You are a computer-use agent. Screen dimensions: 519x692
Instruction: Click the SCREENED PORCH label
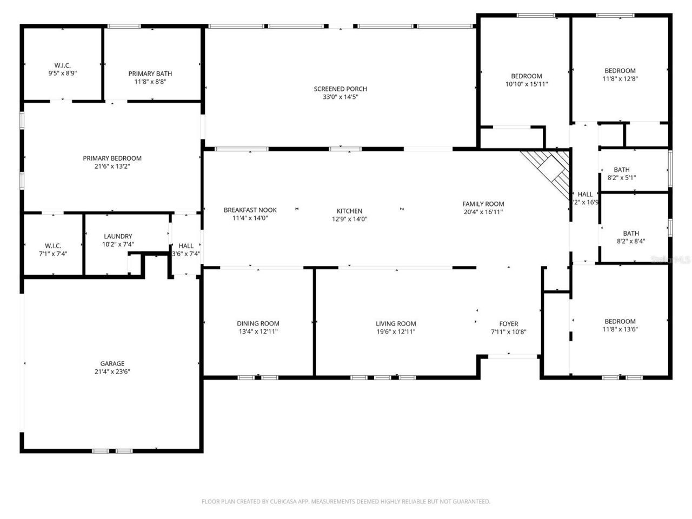pyautogui.click(x=340, y=89)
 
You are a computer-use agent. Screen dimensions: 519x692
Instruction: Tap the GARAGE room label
pyautogui.click(x=112, y=364)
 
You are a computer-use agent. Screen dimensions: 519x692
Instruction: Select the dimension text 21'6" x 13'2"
pyautogui.click(x=112, y=167)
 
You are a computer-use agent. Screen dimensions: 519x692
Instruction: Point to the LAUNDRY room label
pyautogui.click(x=118, y=236)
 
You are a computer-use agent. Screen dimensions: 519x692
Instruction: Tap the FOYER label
pyautogui.click(x=508, y=324)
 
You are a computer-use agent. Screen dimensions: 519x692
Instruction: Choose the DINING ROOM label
pyautogui.click(x=258, y=324)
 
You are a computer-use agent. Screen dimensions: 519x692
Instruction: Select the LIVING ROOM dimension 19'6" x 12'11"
pyautogui.click(x=396, y=332)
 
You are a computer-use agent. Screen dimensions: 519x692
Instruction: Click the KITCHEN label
pyautogui.click(x=349, y=211)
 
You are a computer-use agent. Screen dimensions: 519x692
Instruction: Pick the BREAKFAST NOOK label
pyautogui.click(x=250, y=210)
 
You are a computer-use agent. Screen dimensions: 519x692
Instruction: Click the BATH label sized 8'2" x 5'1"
pyautogui.click(x=621, y=170)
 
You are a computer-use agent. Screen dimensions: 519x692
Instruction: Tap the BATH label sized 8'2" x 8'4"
pyautogui.click(x=630, y=234)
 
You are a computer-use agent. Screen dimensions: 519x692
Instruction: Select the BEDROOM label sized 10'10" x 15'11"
pyautogui.click(x=527, y=76)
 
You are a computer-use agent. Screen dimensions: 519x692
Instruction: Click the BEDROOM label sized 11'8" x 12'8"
pyautogui.click(x=620, y=71)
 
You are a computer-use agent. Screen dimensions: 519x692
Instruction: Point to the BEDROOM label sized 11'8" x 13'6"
pyautogui.click(x=620, y=321)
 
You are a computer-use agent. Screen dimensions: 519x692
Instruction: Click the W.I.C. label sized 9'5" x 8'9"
pyautogui.click(x=63, y=65)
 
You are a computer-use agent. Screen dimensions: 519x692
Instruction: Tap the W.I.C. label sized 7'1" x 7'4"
pyautogui.click(x=53, y=245)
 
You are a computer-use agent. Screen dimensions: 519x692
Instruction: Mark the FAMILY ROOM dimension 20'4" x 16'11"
pyautogui.click(x=483, y=212)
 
